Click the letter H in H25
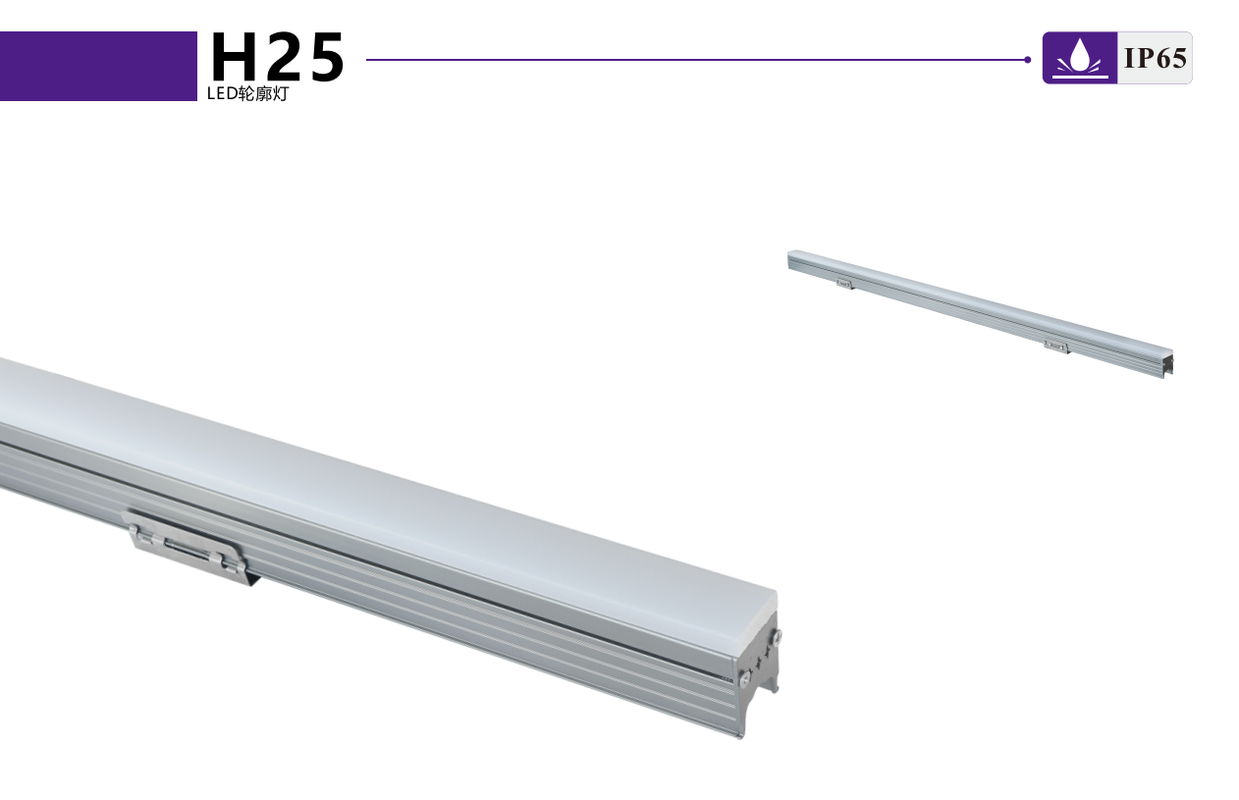click(234, 57)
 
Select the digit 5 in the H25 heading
click(325, 58)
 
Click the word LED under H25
click(222, 94)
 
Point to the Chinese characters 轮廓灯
click(263, 94)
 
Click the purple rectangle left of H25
click(98, 66)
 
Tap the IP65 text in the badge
click(1156, 58)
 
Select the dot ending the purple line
click(1027, 60)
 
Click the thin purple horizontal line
click(697, 60)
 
